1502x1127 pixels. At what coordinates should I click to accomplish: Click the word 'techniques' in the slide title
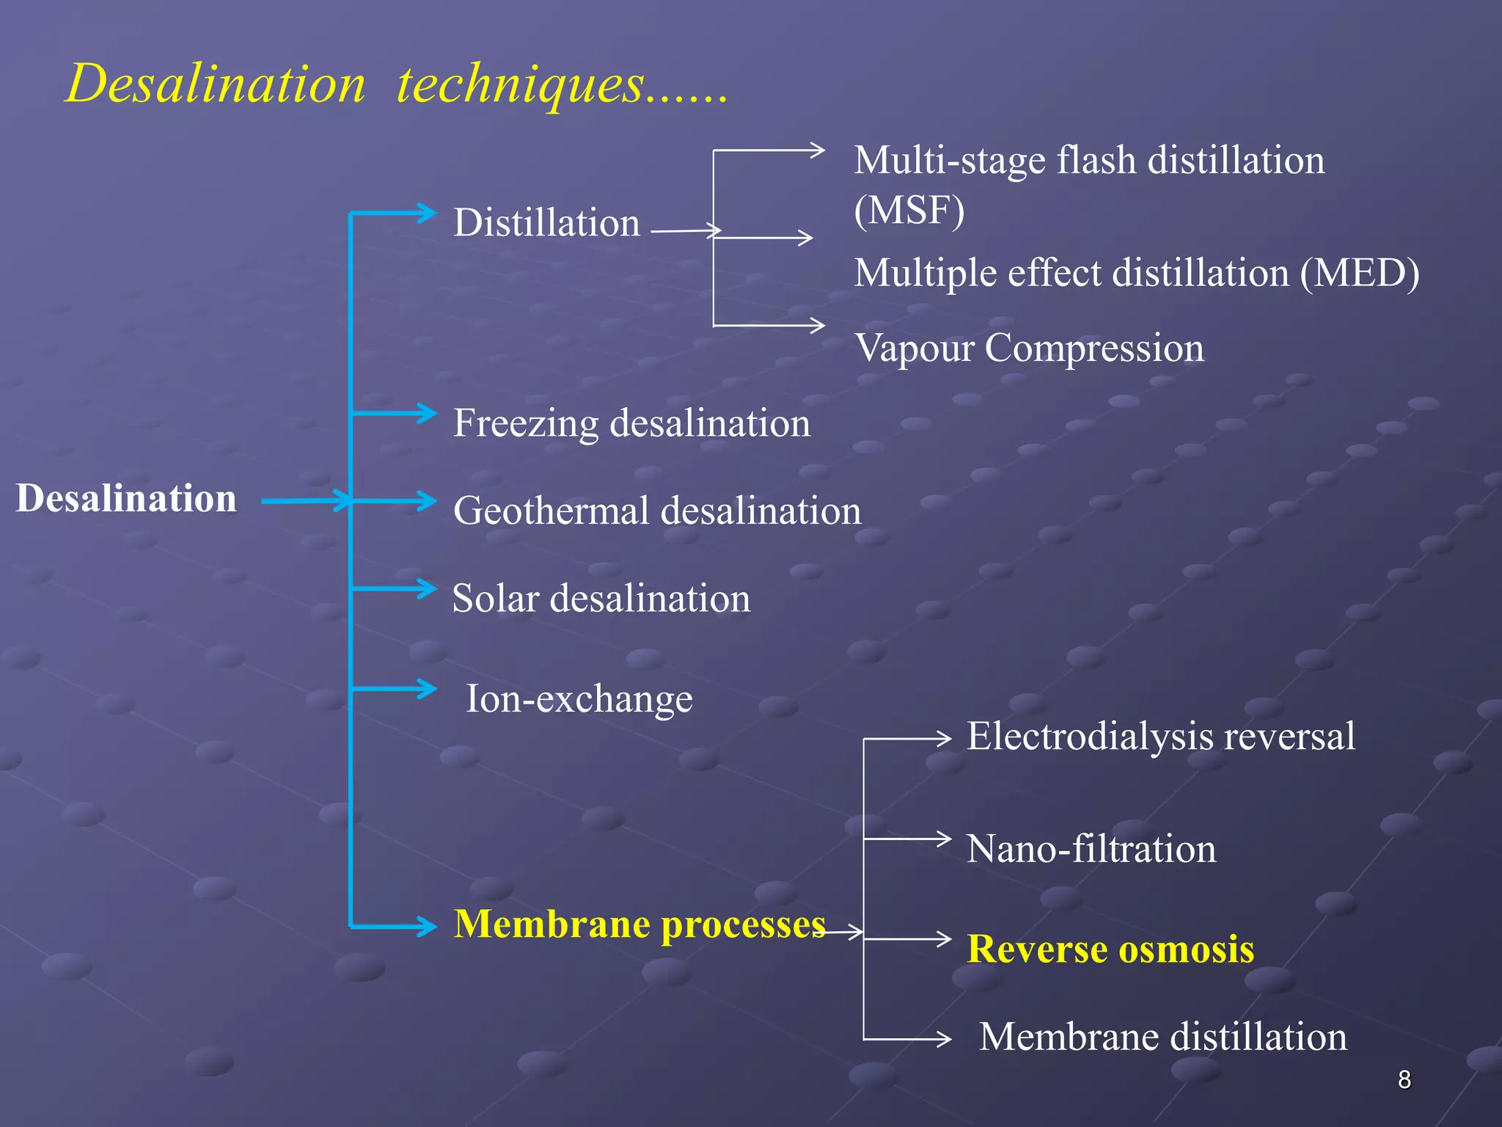[521, 84]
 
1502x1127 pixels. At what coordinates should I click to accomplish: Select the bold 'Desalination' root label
[126, 498]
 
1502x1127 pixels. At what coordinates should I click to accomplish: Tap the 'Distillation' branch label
[546, 222]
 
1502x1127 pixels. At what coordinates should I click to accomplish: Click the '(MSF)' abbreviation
[909, 210]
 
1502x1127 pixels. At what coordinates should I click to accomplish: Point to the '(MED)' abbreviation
[1360, 273]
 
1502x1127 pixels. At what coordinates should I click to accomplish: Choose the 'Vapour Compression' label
[1029, 348]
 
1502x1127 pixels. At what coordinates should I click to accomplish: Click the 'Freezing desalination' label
[631, 423]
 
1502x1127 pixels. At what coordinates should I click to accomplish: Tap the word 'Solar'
[495, 598]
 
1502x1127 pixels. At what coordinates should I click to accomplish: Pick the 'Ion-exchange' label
[579, 699]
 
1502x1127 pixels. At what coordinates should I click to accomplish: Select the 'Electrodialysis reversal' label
[1161, 736]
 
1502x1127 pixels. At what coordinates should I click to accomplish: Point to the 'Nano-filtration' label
[1091, 849]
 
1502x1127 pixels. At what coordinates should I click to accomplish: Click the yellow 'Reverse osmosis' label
[1110, 949]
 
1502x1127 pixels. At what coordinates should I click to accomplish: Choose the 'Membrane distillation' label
[1163, 1037]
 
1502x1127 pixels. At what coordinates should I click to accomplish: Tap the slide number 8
[1404, 1079]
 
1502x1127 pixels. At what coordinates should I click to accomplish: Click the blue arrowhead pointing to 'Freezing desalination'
[428, 413]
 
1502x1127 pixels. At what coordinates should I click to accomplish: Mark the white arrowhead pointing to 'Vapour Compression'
[817, 325]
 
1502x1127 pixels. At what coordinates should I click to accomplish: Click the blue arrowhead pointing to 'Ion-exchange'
[428, 688]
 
